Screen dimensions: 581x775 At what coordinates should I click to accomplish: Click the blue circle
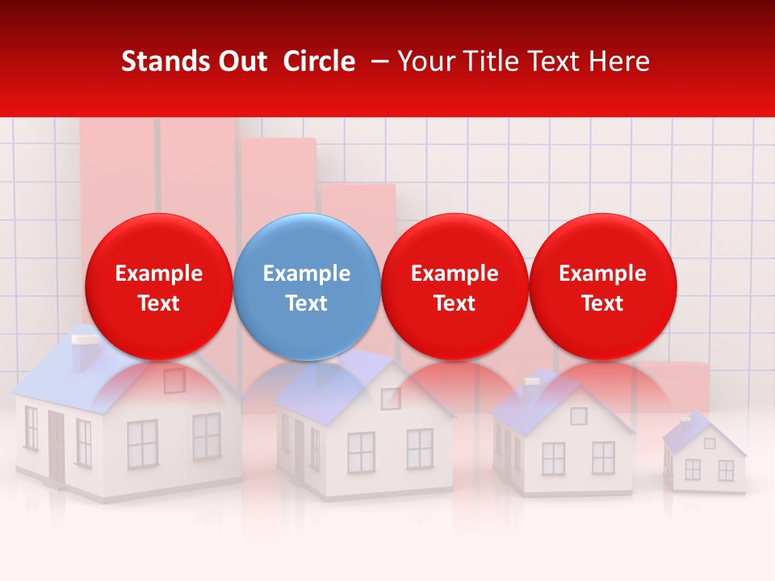click(307, 286)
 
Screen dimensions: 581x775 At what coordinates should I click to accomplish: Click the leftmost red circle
click(158, 286)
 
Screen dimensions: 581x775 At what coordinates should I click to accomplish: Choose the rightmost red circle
click(602, 286)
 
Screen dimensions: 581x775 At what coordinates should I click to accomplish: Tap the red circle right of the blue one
click(455, 286)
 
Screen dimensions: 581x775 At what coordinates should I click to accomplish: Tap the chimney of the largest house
click(82, 351)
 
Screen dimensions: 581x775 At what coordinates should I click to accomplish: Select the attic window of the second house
click(391, 399)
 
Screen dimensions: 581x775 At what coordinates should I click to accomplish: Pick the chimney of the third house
click(532, 390)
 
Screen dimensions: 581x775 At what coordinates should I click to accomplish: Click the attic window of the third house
click(578, 416)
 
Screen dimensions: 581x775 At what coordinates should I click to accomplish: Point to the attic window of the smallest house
click(709, 443)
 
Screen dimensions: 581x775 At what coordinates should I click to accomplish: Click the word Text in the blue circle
click(307, 303)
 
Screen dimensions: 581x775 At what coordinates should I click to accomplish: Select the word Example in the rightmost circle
click(602, 274)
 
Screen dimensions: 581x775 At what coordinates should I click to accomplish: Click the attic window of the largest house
click(174, 379)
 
